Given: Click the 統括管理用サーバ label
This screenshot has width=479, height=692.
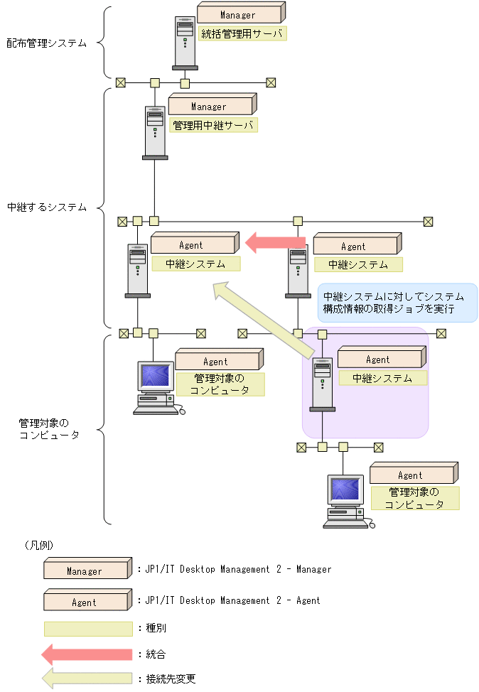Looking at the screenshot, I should [242, 33].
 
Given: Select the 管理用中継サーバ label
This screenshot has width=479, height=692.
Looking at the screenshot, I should [212, 125].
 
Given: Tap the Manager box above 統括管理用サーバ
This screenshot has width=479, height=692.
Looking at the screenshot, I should [239, 14].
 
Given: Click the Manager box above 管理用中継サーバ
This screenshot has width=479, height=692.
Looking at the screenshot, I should [210, 106].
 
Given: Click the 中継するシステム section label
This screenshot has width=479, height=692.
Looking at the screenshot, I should [47, 207].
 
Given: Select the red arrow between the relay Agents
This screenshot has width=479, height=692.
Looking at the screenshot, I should [275, 243].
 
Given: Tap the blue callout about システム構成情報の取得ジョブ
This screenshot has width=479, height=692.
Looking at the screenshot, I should [397, 303].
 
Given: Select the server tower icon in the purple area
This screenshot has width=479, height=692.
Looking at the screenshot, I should [323, 384].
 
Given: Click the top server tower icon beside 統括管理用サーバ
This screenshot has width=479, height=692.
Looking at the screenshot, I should [185, 43].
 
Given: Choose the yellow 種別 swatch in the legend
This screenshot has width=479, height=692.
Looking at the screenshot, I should [88, 629].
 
